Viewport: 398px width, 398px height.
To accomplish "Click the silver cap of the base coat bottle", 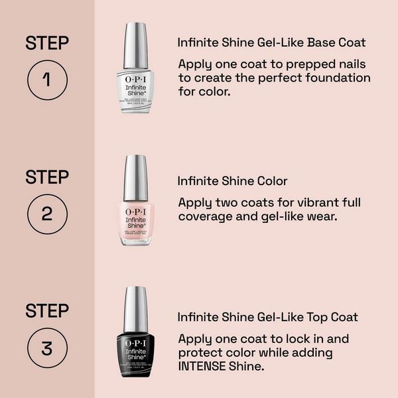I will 135,45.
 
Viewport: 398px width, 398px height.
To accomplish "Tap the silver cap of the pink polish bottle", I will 135,177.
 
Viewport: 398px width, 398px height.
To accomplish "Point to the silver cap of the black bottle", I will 135,309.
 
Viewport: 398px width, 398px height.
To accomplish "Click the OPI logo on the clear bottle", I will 135,76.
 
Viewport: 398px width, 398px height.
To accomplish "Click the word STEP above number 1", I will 47,44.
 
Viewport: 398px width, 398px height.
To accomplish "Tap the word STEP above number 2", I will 47,177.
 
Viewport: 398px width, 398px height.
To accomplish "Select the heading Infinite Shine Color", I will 232,180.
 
